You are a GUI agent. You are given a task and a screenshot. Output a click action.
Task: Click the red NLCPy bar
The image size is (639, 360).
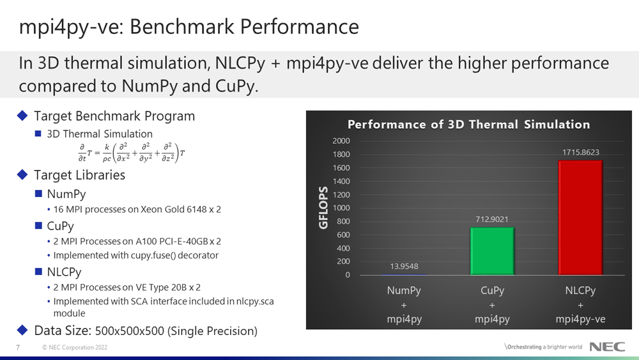(580, 217)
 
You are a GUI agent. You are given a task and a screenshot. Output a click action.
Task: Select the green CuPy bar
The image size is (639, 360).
(492, 251)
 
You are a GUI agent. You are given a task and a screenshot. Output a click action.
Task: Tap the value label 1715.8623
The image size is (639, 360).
(581, 152)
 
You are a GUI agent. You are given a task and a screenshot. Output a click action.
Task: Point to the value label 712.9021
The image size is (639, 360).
(492, 219)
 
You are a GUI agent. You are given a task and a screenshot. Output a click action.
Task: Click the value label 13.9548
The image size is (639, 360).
(404, 267)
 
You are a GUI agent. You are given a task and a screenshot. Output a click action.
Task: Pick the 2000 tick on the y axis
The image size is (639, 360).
(341, 141)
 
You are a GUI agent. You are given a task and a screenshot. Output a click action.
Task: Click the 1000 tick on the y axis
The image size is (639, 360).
(341, 208)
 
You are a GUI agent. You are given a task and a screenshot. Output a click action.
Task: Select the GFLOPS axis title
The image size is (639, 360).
(323, 208)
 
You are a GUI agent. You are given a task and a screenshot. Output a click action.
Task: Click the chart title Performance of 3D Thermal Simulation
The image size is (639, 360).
(468, 124)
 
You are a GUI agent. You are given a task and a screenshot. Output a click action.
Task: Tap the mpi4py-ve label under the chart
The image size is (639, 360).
(580, 319)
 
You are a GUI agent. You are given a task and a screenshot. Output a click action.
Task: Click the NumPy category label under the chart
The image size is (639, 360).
(404, 291)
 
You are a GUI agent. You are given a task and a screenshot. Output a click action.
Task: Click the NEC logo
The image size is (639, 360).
(607, 347)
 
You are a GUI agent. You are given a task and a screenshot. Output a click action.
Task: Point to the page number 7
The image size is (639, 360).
(18, 347)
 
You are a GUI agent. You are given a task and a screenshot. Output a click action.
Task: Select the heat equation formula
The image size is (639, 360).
(131, 153)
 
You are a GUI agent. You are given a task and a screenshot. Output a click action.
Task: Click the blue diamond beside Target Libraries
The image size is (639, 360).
(22, 175)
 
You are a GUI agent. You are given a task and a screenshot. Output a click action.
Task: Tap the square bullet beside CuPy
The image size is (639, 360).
(39, 226)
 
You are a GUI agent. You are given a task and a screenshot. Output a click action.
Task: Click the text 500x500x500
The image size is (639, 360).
(130, 331)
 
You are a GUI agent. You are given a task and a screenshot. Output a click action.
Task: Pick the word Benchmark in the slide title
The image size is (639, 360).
(182, 27)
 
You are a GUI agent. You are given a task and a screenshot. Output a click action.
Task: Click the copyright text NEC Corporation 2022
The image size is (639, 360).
(75, 347)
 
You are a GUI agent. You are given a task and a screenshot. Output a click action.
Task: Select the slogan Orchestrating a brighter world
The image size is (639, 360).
(544, 347)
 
